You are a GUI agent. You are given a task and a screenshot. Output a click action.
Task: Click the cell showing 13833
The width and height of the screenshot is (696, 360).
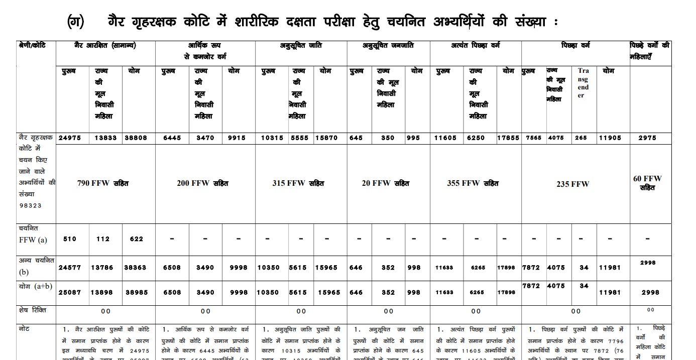(x=102, y=138)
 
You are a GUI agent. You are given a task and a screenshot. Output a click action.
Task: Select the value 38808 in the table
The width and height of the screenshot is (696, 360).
(x=136, y=138)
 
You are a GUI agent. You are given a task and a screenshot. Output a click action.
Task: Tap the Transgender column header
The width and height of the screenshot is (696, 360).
(x=583, y=83)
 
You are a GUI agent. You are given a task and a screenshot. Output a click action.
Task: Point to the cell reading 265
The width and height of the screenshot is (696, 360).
(x=581, y=138)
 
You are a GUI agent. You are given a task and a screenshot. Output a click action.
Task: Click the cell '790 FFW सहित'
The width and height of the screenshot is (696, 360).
(x=103, y=183)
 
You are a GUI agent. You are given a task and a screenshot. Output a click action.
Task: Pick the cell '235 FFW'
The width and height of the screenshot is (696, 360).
(x=572, y=184)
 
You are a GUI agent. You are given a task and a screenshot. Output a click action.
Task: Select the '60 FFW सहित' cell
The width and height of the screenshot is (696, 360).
(x=647, y=183)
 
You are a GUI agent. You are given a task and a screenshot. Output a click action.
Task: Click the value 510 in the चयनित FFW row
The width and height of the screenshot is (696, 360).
(x=70, y=239)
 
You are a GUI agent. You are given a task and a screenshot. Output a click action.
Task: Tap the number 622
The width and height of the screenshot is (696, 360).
(x=136, y=239)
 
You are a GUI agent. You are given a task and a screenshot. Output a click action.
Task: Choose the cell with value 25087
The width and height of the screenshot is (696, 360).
(x=69, y=292)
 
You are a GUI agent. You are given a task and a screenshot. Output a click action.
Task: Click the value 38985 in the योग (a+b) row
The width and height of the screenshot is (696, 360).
(x=136, y=292)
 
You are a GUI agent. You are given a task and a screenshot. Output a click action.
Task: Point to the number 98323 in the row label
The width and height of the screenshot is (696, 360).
(x=30, y=205)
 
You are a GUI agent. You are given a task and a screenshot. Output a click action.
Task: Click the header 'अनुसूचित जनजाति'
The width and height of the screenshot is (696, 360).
(x=388, y=46)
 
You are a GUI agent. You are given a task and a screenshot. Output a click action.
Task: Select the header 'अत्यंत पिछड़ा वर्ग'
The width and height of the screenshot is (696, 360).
(x=475, y=46)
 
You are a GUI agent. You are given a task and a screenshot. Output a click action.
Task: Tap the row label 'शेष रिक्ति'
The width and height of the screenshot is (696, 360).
(x=32, y=310)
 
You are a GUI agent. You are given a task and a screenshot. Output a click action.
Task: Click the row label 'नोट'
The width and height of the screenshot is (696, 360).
(x=25, y=329)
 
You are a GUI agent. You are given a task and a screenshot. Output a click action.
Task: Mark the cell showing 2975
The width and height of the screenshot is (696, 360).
(x=650, y=138)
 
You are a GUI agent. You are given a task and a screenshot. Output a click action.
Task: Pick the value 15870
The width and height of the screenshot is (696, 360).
(x=326, y=138)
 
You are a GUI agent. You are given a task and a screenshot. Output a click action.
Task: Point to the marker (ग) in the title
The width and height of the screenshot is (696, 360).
(x=75, y=22)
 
